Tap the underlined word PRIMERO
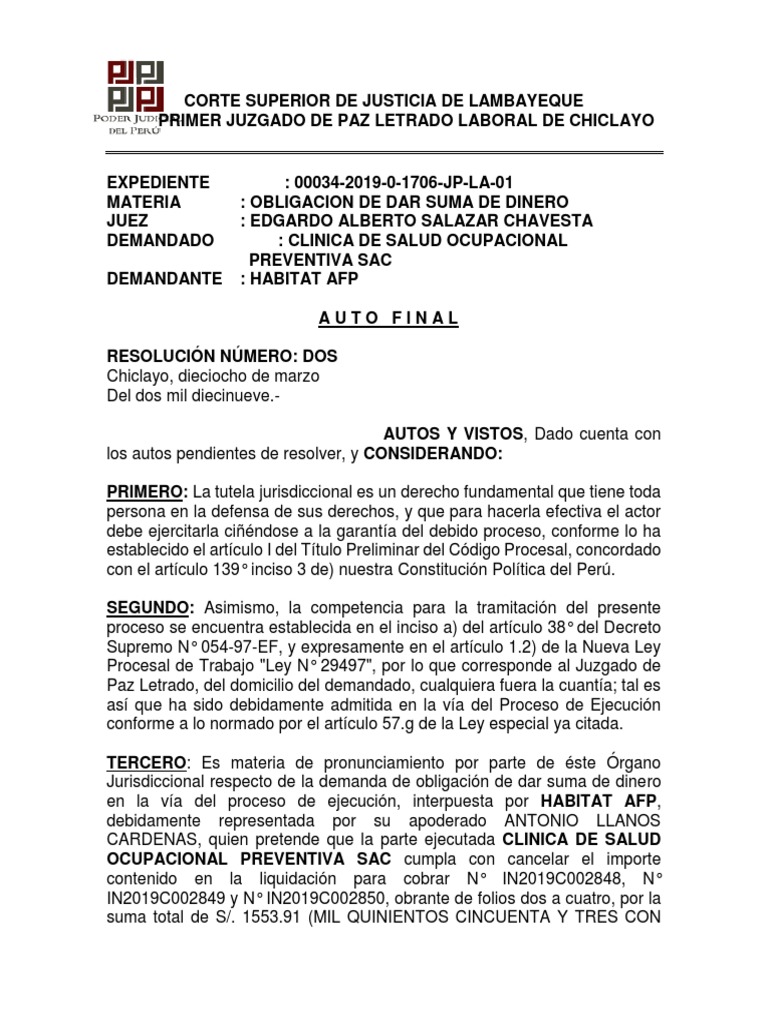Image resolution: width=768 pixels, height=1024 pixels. coord(146,492)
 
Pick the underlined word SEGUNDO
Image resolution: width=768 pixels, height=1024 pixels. coord(150,609)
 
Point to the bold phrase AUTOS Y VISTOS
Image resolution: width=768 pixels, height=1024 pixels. coord(454,433)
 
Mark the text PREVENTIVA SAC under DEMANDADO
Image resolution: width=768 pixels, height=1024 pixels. coord(319,260)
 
